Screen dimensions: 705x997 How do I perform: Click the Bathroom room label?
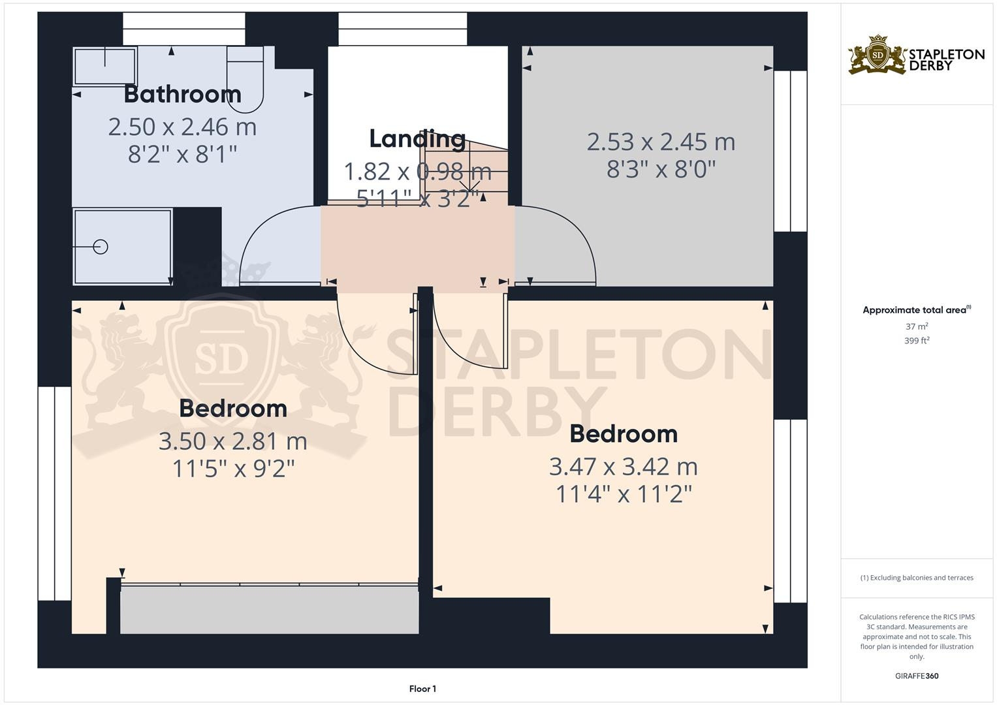tap(182, 94)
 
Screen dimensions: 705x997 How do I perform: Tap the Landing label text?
tap(417, 138)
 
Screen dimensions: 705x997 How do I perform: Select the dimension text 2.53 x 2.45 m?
tap(661, 142)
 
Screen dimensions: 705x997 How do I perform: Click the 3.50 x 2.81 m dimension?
tap(232, 441)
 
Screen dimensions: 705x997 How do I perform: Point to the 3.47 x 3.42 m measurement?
tap(623, 467)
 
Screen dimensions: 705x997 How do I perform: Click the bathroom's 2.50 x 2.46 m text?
tap(182, 127)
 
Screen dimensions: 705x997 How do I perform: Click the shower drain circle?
tap(101, 247)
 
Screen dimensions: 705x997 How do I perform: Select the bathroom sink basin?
tap(104, 65)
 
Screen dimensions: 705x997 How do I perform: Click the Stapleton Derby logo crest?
tap(877, 55)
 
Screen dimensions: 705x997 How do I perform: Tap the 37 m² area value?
tap(917, 326)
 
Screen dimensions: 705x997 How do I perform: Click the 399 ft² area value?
tap(917, 341)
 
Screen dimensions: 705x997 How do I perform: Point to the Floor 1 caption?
tap(422, 689)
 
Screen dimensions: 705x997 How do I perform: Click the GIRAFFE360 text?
tap(917, 676)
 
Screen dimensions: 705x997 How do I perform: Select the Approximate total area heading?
tap(916, 310)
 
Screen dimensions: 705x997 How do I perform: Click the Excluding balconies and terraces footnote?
tap(917, 578)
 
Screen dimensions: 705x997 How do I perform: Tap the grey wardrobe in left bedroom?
tap(269, 610)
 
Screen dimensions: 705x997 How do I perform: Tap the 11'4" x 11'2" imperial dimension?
tap(623, 494)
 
